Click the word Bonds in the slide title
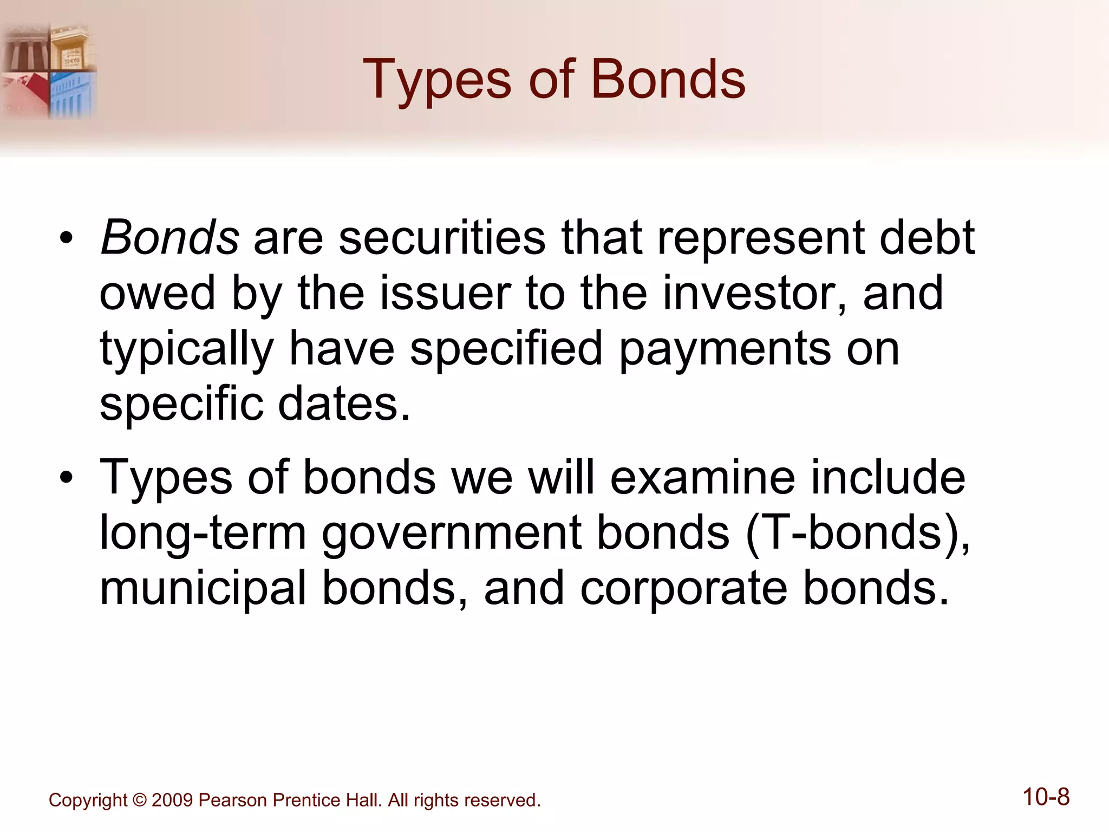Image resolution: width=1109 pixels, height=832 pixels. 668,80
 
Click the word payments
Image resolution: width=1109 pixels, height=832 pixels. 725,349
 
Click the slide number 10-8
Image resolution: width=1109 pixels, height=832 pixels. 1046,797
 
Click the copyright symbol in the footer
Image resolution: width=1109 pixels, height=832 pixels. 139,801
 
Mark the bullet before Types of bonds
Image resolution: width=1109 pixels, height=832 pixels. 66,478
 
